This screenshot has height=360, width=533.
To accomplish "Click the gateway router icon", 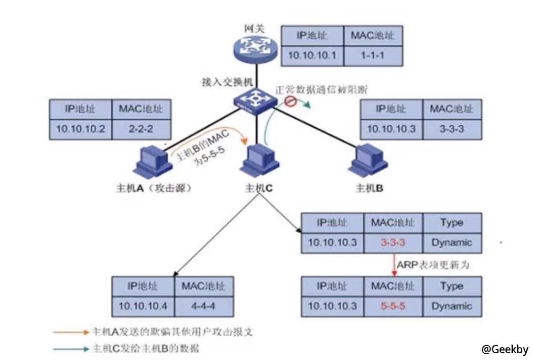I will [256, 48].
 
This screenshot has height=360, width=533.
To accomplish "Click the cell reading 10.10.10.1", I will [312, 56].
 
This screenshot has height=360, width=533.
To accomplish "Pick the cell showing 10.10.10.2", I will [81, 129].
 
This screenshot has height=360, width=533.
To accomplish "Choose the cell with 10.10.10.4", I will [143, 305].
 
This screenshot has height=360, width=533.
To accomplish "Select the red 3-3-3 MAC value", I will [393, 243].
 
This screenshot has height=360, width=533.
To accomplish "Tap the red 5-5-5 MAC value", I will [393, 306].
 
